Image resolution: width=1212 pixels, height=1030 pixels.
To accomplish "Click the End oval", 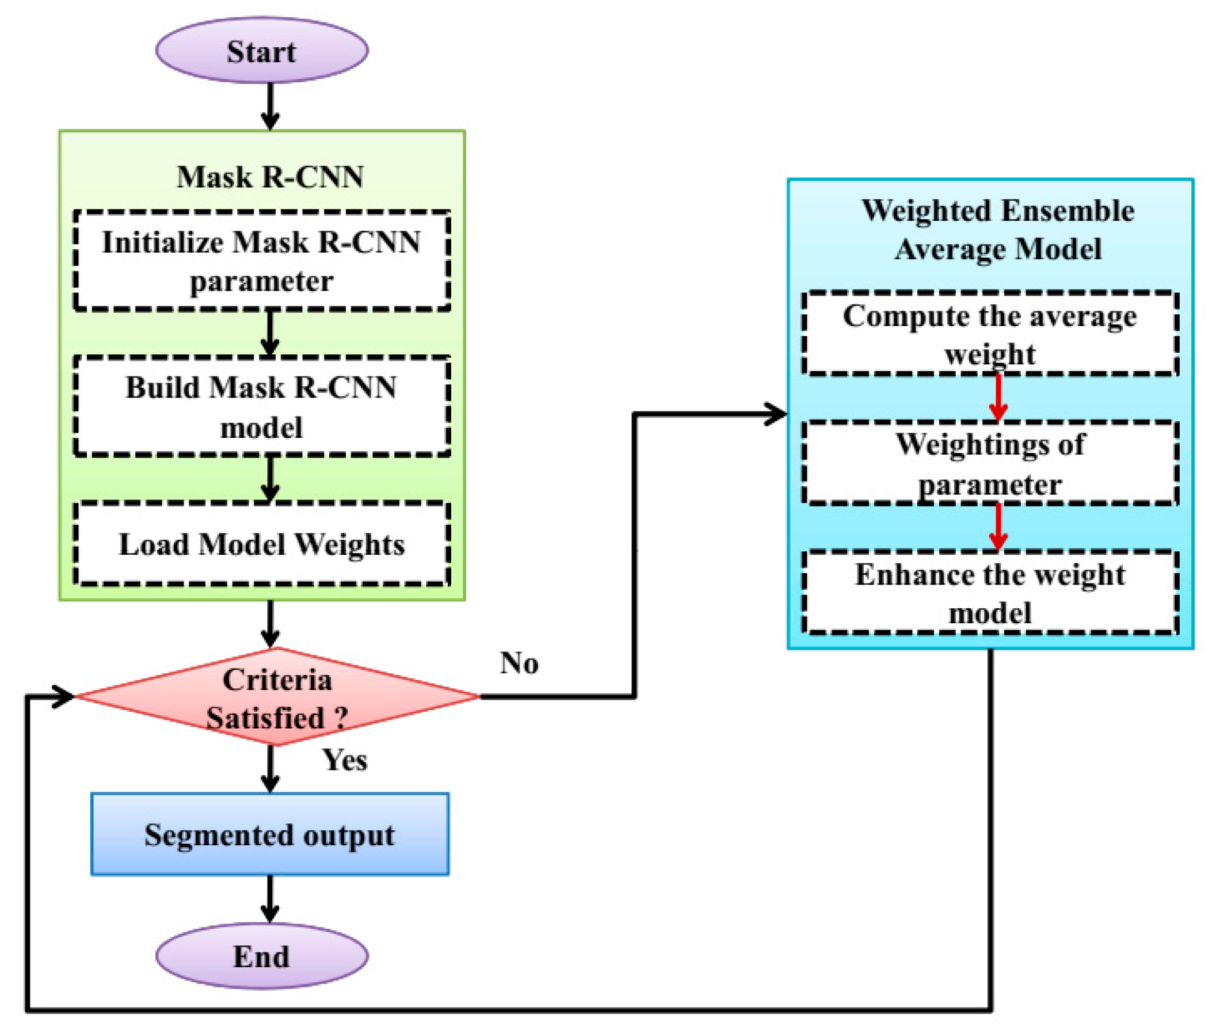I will [x=261, y=956].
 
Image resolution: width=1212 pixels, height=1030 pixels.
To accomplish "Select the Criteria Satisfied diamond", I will [x=277, y=697].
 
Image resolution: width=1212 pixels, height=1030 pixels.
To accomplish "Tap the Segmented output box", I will [x=269, y=834].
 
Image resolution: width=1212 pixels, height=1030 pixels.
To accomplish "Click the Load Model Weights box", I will [x=261, y=544].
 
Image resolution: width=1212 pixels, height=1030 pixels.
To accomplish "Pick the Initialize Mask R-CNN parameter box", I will [x=261, y=261].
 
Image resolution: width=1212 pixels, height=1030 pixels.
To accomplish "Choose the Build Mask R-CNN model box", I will [x=261, y=406].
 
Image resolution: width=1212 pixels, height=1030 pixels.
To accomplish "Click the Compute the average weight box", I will [x=989, y=334].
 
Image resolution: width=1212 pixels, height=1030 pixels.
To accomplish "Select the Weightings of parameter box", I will [x=989, y=463].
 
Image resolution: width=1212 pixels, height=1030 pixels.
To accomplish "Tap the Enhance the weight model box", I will [x=989, y=593].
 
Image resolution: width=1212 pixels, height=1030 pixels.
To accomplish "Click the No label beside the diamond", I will [x=519, y=663].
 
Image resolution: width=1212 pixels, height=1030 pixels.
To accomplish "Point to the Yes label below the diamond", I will [x=345, y=760].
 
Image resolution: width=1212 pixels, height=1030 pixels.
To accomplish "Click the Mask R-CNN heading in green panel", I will [x=270, y=176].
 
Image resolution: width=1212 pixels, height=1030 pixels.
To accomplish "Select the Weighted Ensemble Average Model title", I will [x=998, y=230].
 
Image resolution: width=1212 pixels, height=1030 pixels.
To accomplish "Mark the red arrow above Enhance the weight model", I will [x=998, y=527].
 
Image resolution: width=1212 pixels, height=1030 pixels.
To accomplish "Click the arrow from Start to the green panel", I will [x=269, y=106].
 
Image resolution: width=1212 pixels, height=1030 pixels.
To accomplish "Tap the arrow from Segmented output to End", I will [x=269, y=899].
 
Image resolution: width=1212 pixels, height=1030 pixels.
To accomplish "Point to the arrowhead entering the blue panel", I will [x=777, y=414].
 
